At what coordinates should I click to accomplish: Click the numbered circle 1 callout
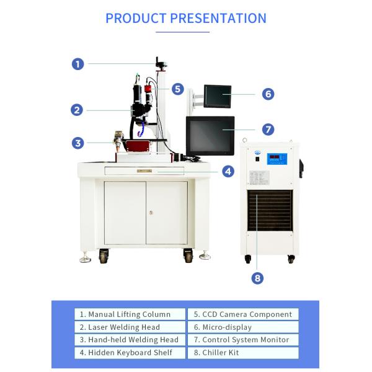click(77, 63)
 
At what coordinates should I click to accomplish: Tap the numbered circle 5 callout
click(178, 89)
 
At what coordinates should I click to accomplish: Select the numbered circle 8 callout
click(258, 278)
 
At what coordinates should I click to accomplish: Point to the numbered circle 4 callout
click(228, 170)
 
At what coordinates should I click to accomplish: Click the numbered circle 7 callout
click(268, 130)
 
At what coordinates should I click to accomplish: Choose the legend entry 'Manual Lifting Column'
click(131, 314)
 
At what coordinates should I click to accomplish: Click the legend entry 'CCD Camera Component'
click(242, 314)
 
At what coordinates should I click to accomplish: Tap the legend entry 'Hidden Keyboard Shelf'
click(131, 353)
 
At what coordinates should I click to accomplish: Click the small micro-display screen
click(218, 95)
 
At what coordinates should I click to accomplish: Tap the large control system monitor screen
click(210, 134)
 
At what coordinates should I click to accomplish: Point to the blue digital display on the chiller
click(277, 158)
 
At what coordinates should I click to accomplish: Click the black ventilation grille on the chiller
click(269, 211)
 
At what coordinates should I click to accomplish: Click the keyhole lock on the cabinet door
click(151, 213)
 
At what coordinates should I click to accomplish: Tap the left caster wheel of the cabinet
click(103, 254)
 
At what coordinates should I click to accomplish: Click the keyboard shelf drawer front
click(144, 170)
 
